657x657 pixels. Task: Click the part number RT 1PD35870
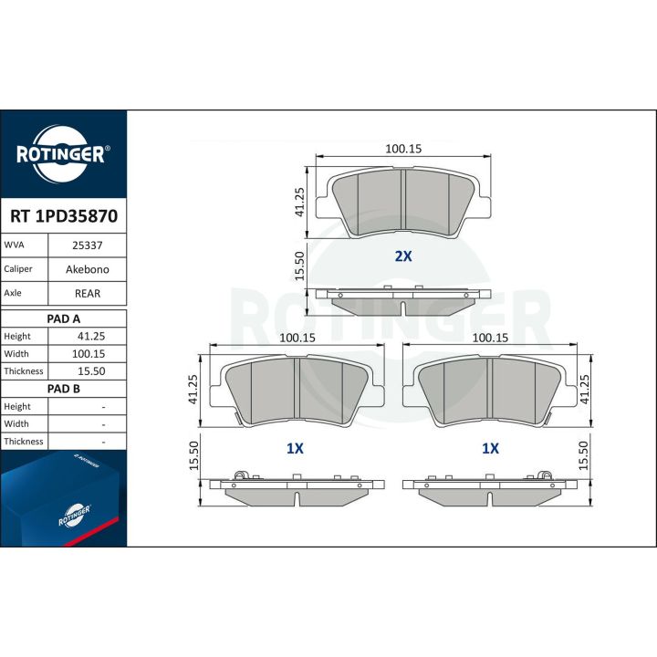click(64, 216)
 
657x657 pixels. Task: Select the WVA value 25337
click(88, 245)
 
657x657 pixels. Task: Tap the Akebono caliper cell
click(88, 269)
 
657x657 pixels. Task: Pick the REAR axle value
click(88, 294)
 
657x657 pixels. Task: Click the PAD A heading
click(63, 318)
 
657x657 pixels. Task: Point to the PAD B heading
click(63, 389)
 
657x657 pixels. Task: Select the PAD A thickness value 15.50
click(91, 371)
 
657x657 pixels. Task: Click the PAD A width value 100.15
click(89, 354)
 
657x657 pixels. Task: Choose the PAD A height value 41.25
click(91, 336)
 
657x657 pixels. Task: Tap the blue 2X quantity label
click(403, 256)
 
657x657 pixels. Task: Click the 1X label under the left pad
click(295, 449)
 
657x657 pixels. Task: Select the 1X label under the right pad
click(490, 449)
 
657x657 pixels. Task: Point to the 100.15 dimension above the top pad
click(403, 149)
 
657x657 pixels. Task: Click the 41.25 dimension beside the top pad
click(299, 203)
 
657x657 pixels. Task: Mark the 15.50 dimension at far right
click(583, 455)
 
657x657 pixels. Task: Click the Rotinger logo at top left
click(63, 154)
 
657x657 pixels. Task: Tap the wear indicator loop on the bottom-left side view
click(239, 475)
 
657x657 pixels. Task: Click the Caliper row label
click(18, 269)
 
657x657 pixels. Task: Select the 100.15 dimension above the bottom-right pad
click(490, 338)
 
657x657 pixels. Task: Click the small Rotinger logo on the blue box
click(75, 516)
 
